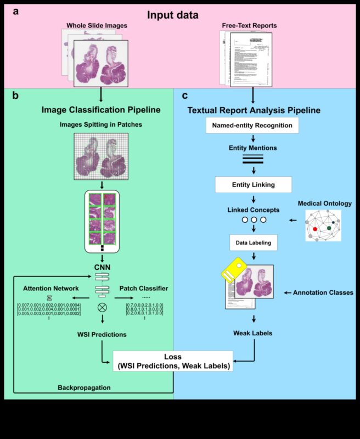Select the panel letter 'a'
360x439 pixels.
pos(16,11)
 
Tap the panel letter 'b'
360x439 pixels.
pos(15,95)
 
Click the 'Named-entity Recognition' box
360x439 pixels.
pos(252,125)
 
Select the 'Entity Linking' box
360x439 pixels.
pos(252,184)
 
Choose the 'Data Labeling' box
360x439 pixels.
pos(253,241)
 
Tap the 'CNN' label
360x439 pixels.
pos(102,267)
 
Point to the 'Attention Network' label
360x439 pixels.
pos(50,288)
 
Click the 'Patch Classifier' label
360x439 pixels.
pos(143,288)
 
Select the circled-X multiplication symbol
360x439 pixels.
pos(102,307)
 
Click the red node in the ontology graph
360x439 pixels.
pos(315,228)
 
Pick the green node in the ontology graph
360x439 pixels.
pos(329,227)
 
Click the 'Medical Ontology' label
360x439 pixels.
pos(324,204)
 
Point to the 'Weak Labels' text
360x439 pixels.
pos(253,333)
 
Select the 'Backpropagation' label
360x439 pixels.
pos(84,387)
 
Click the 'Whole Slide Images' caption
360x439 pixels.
pos(98,25)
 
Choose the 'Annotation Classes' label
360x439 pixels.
pos(322,292)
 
